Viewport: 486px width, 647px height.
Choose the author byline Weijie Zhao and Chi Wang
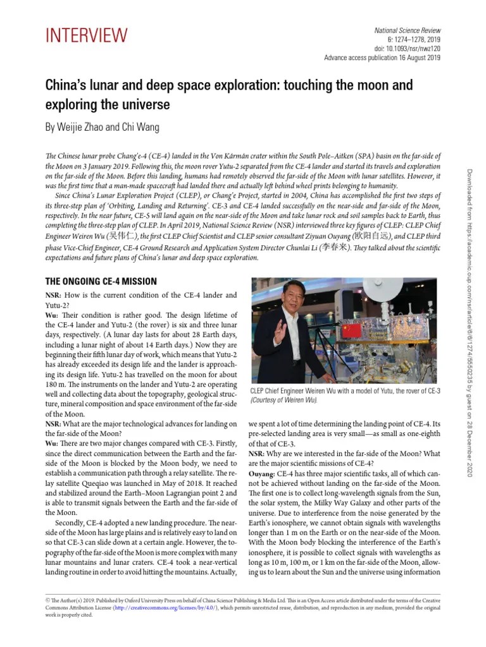[x=101, y=127]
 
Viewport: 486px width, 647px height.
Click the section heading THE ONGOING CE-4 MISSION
[x=101, y=281]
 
